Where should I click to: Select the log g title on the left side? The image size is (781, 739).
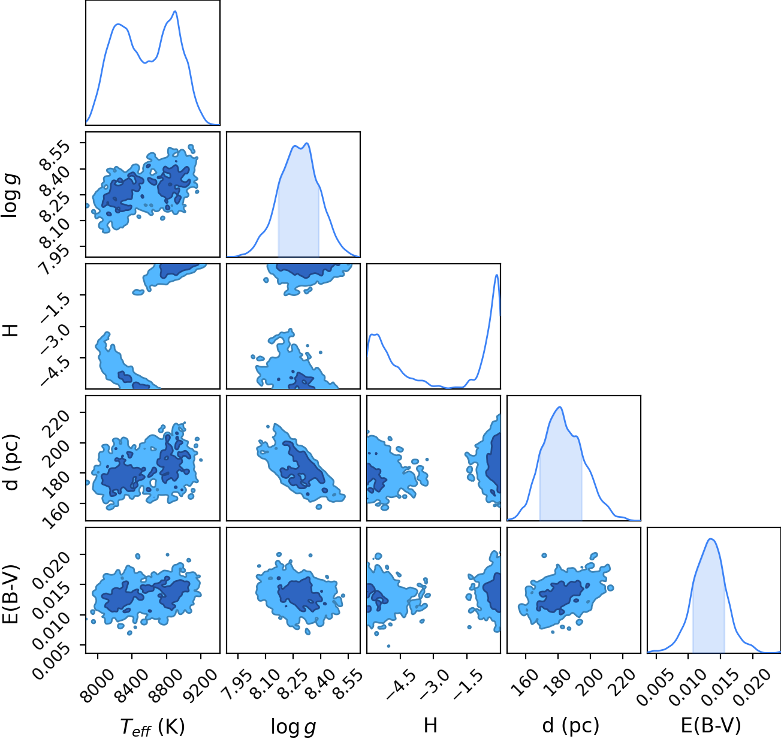pyautogui.click(x=10, y=196)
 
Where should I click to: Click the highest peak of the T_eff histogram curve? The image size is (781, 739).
pyautogui.click(x=175, y=11)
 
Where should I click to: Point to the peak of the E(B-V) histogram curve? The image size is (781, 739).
pyautogui.click(x=711, y=539)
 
